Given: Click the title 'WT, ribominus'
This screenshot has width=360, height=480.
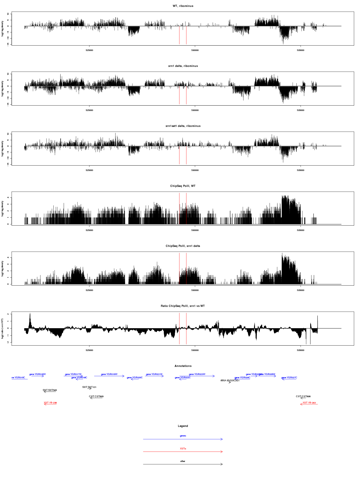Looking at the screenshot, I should pyautogui.click(x=183, y=6).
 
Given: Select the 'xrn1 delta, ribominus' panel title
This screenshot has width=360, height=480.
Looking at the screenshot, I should pyautogui.click(x=183, y=66).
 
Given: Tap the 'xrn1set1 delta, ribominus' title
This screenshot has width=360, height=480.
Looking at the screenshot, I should pyautogui.click(x=183, y=126).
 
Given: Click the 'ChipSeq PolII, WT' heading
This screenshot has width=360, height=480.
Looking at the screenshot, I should pyautogui.click(x=183, y=186).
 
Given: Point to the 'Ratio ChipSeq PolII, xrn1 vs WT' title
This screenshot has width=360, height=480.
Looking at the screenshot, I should pyautogui.click(x=183, y=306).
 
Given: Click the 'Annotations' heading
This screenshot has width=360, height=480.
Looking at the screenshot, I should pyautogui.click(x=183, y=366).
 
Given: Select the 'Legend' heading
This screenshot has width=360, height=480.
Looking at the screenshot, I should pyautogui.click(x=183, y=426).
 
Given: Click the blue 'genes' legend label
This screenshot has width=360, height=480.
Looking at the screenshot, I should pyautogui.click(x=183, y=436).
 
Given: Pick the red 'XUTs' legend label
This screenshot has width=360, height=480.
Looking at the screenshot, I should pyautogui.click(x=183, y=448).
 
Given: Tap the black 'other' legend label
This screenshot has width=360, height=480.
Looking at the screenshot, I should pyautogui.click(x=183, y=461).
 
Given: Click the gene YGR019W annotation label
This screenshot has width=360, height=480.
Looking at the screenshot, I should pyautogui.click(x=109, y=374).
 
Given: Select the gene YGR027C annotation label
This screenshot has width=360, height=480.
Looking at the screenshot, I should pyautogui.click(x=289, y=378).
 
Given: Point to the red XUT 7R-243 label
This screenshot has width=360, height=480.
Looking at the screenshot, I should pyautogui.click(x=309, y=403).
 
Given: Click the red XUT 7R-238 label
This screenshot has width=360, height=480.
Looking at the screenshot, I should pyautogui.click(x=50, y=403).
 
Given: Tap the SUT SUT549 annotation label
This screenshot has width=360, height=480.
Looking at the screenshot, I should pyautogui.click(x=50, y=390).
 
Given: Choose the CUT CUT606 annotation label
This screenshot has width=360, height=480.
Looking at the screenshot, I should pyautogui.click(x=303, y=397).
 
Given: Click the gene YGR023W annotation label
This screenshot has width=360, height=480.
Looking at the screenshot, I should pyautogui.click(x=197, y=374).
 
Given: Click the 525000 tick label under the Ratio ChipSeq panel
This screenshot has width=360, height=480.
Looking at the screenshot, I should pyautogui.click(x=89, y=350).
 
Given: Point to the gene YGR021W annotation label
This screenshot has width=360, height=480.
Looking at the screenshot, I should pyautogui.click(x=154, y=374).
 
